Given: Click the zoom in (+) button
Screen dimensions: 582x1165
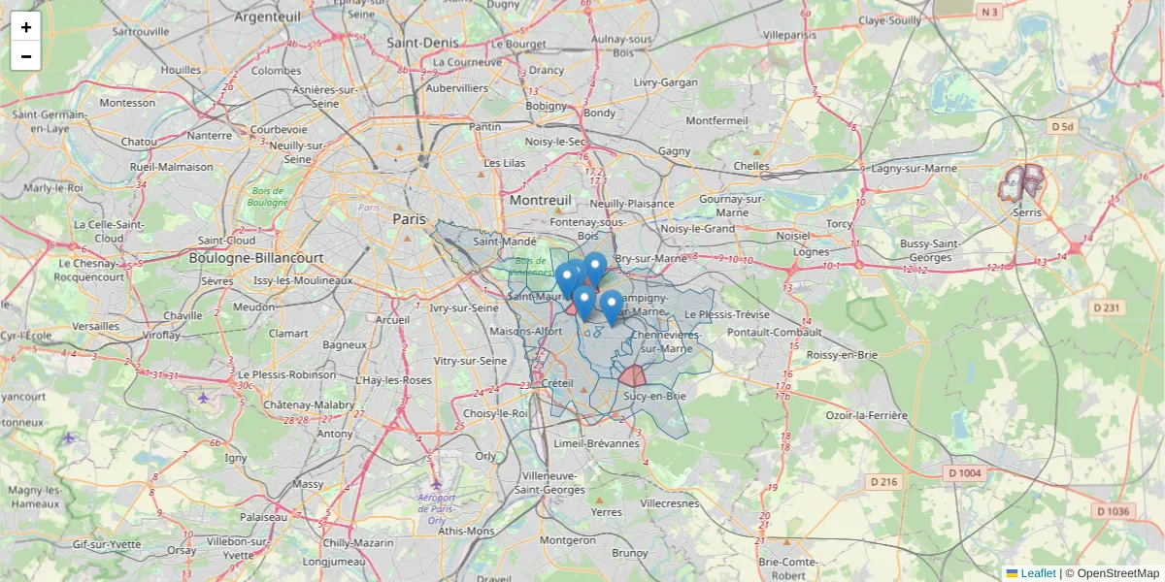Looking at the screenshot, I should (26, 27).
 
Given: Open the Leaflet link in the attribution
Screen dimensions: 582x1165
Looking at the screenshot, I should (1038, 573).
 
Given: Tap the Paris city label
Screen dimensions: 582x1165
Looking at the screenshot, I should (409, 219).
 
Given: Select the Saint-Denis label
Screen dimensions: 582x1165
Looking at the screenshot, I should (422, 43).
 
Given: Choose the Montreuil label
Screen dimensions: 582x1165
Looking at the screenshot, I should (541, 200).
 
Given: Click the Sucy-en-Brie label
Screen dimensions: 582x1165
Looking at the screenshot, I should (655, 396).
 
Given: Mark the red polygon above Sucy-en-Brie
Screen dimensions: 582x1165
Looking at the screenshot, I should (633, 376).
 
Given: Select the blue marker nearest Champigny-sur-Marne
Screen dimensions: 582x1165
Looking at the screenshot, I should (611, 306).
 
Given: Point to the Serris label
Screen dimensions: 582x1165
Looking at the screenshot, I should (1026, 211).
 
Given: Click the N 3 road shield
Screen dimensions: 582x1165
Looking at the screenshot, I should (989, 13).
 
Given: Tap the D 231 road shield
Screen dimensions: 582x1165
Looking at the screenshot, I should (1106, 307).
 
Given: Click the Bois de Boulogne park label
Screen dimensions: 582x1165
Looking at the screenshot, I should (268, 196).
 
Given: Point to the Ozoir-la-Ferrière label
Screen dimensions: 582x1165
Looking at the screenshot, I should (866, 415).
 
